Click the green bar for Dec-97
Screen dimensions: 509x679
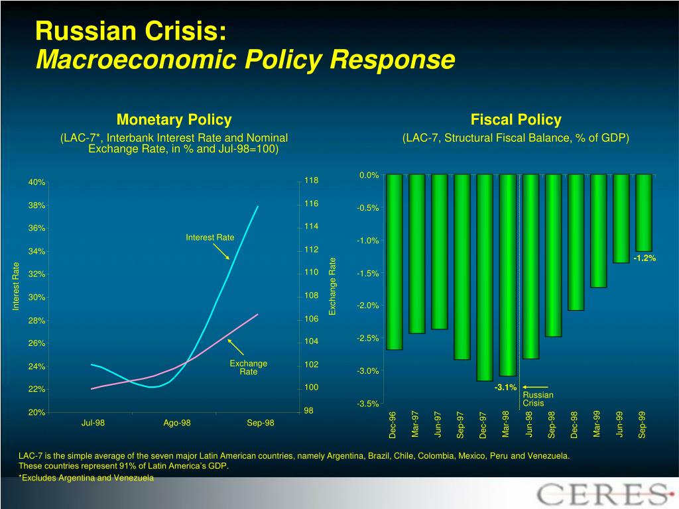click(485, 277)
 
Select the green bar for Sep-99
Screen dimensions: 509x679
click(643, 212)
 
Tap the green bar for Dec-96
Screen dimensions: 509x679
click(394, 261)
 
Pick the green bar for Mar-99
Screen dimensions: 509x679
click(598, 230)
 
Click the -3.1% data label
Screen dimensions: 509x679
click(505, 387)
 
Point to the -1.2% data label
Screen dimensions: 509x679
click(645, 258)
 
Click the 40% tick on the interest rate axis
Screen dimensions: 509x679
click(36, 182)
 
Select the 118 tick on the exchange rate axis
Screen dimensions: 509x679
click(312, 181)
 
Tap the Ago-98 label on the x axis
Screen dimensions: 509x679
click(177, 423)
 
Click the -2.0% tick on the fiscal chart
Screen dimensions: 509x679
click(367, 306)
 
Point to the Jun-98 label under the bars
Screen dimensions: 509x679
click(529, 424)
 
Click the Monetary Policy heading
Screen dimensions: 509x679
click(174, 120)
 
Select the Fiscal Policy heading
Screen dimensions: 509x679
click(516, 120)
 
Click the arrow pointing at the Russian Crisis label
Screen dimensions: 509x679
click(535, 386)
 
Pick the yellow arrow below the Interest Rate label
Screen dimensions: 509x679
click(221, 251)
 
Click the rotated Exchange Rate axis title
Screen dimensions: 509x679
click(334, 286)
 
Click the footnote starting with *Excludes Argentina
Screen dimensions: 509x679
click(86, 477)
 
